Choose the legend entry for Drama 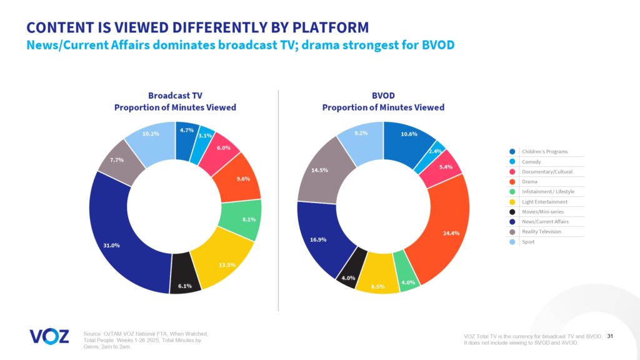[x=530, y=181]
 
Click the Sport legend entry [x=529, y=241]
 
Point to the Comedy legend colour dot [x=512, y=161]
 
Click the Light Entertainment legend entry [x=544, y=201]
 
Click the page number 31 [x=610, y=337]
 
